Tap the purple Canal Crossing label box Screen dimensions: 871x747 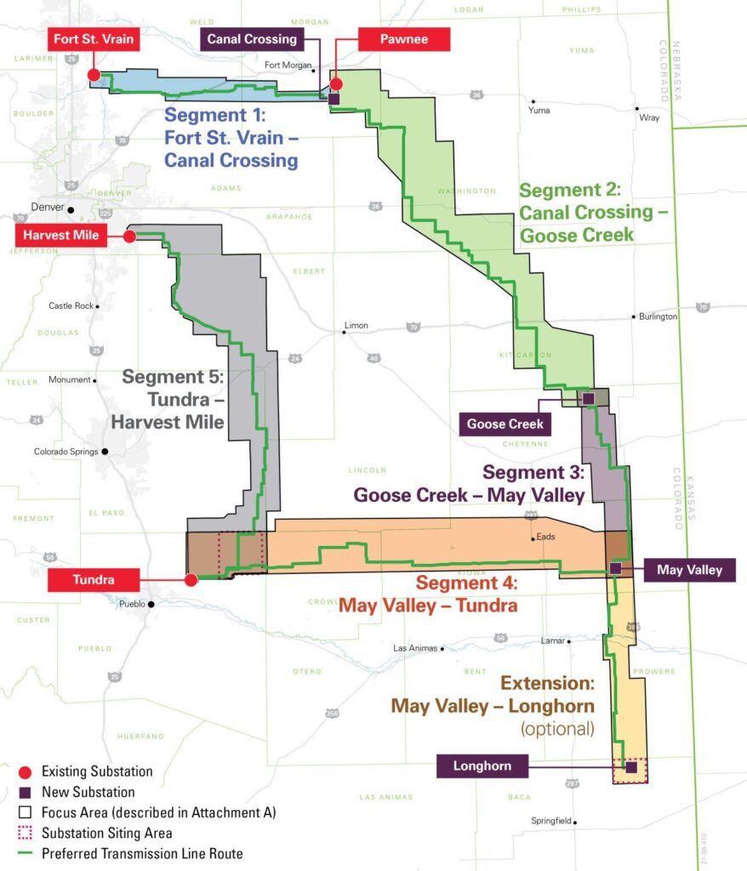click(x=252, y=39)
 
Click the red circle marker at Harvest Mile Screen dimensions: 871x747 click(x=129, y=236)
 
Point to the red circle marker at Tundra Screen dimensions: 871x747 click(x=191, y=579)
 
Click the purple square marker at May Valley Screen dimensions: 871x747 click(x=615, y=567)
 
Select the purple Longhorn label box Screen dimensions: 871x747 click(x=482, y=766)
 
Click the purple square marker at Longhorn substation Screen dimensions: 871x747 click(x=631, y=766)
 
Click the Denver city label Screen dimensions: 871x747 click(x=48, y=208)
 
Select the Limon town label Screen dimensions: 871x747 click(x=356, y=326)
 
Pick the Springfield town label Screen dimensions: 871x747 click(x=550, y=823)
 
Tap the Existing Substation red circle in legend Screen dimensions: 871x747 click(x=25, y=772)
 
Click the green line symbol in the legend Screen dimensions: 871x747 click(x=25, y=853)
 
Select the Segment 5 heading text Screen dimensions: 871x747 click(x=174, y=375)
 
